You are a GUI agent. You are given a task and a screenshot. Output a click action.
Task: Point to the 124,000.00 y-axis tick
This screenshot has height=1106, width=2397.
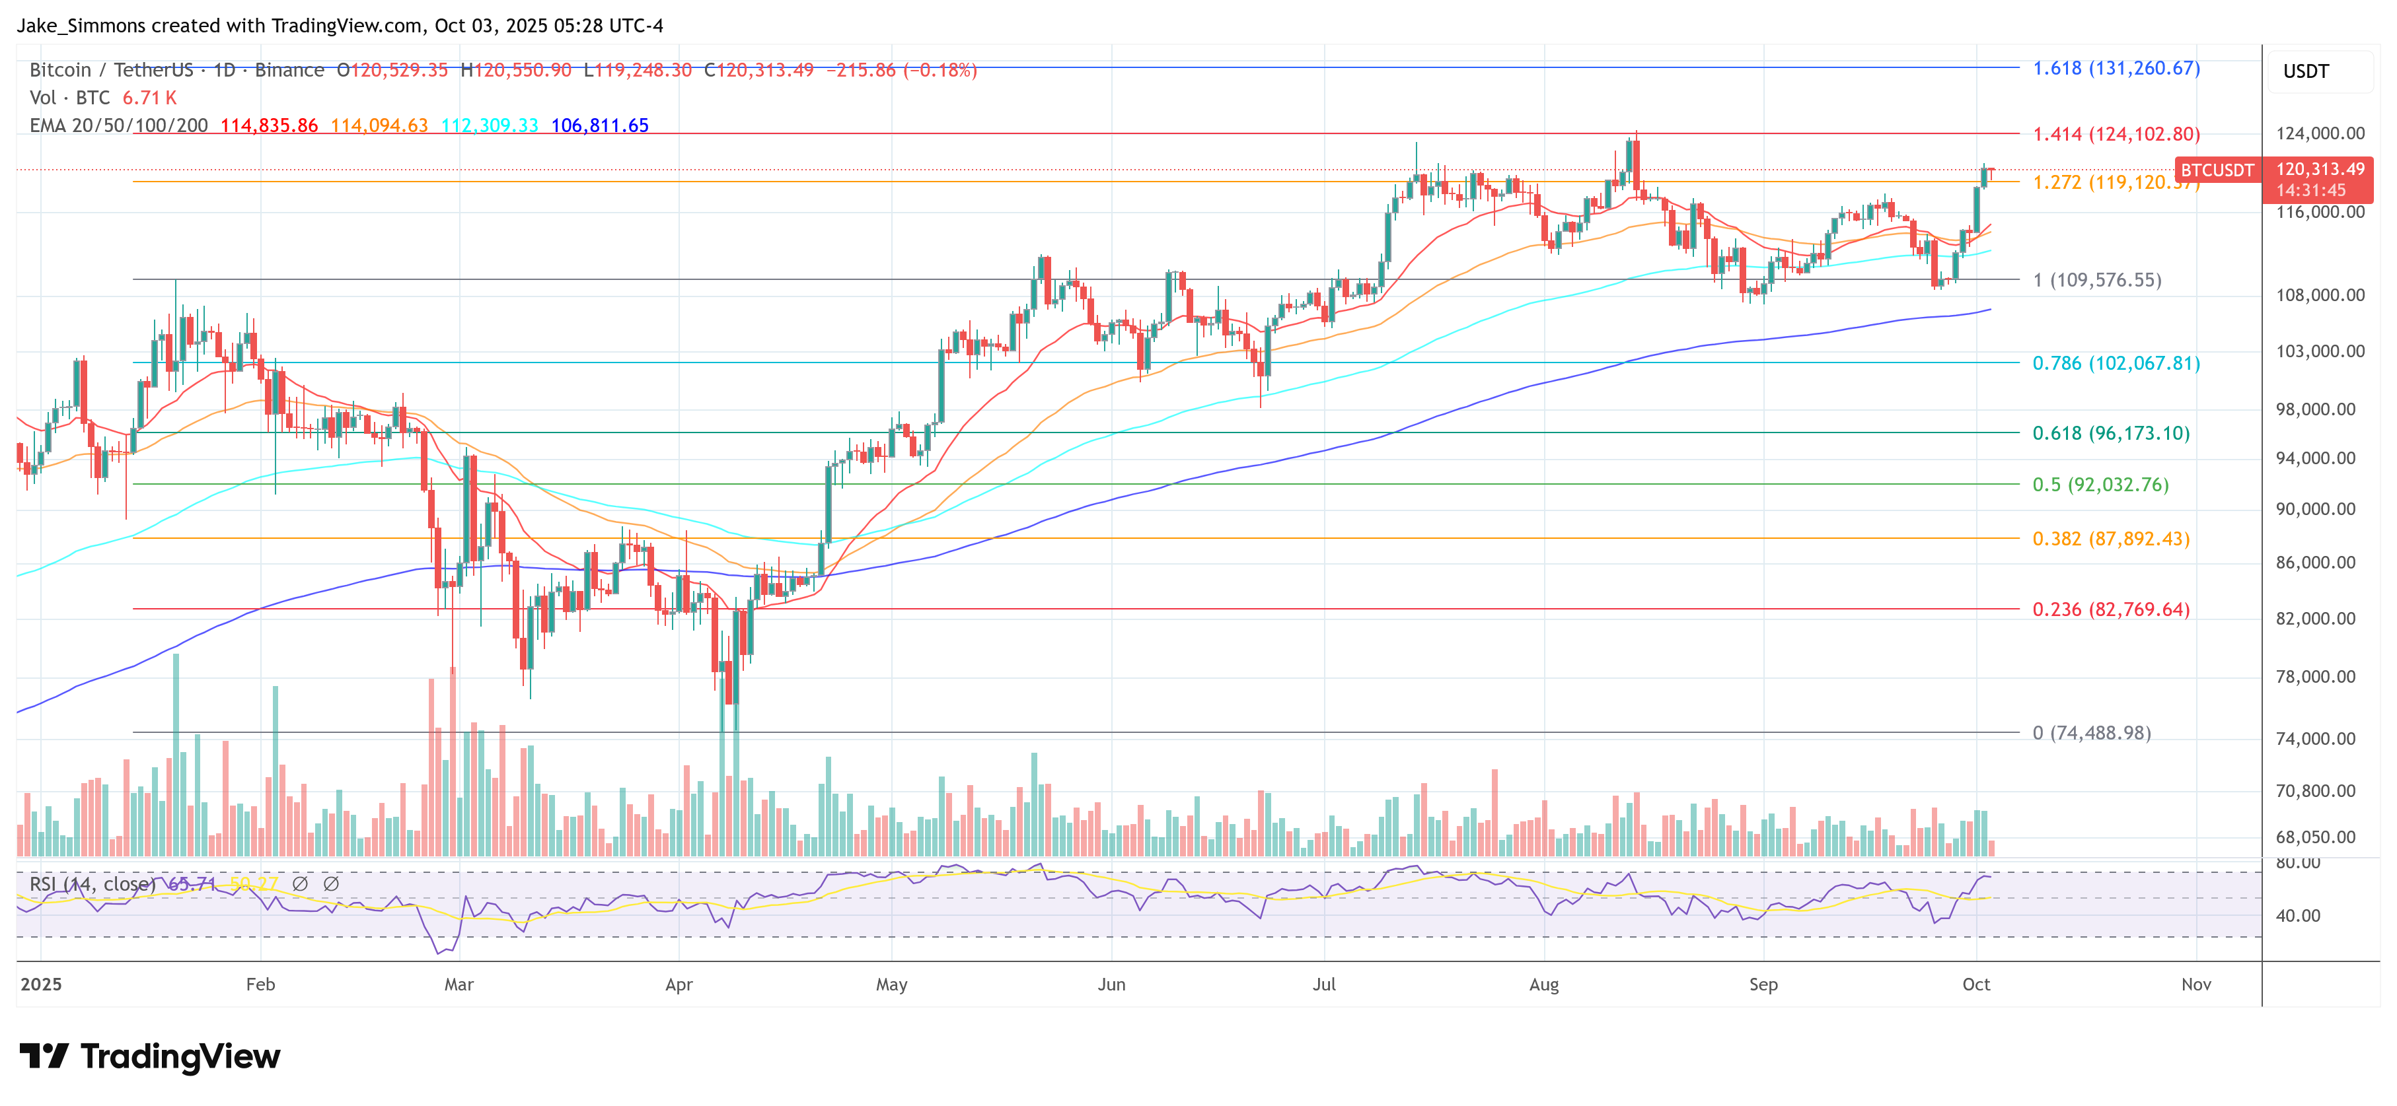point(2319,133)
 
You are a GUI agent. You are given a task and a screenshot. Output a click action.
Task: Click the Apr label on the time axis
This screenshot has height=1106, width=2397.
point(679,984)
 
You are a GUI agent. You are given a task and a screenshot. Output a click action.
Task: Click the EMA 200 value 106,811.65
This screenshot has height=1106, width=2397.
point(599,125)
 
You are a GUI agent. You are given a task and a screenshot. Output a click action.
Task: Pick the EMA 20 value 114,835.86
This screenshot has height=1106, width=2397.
point(269,125)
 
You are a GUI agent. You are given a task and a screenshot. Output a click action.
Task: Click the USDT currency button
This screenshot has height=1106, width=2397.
point(2305,71)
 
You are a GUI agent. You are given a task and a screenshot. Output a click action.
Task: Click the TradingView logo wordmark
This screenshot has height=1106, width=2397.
point(150,1056)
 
